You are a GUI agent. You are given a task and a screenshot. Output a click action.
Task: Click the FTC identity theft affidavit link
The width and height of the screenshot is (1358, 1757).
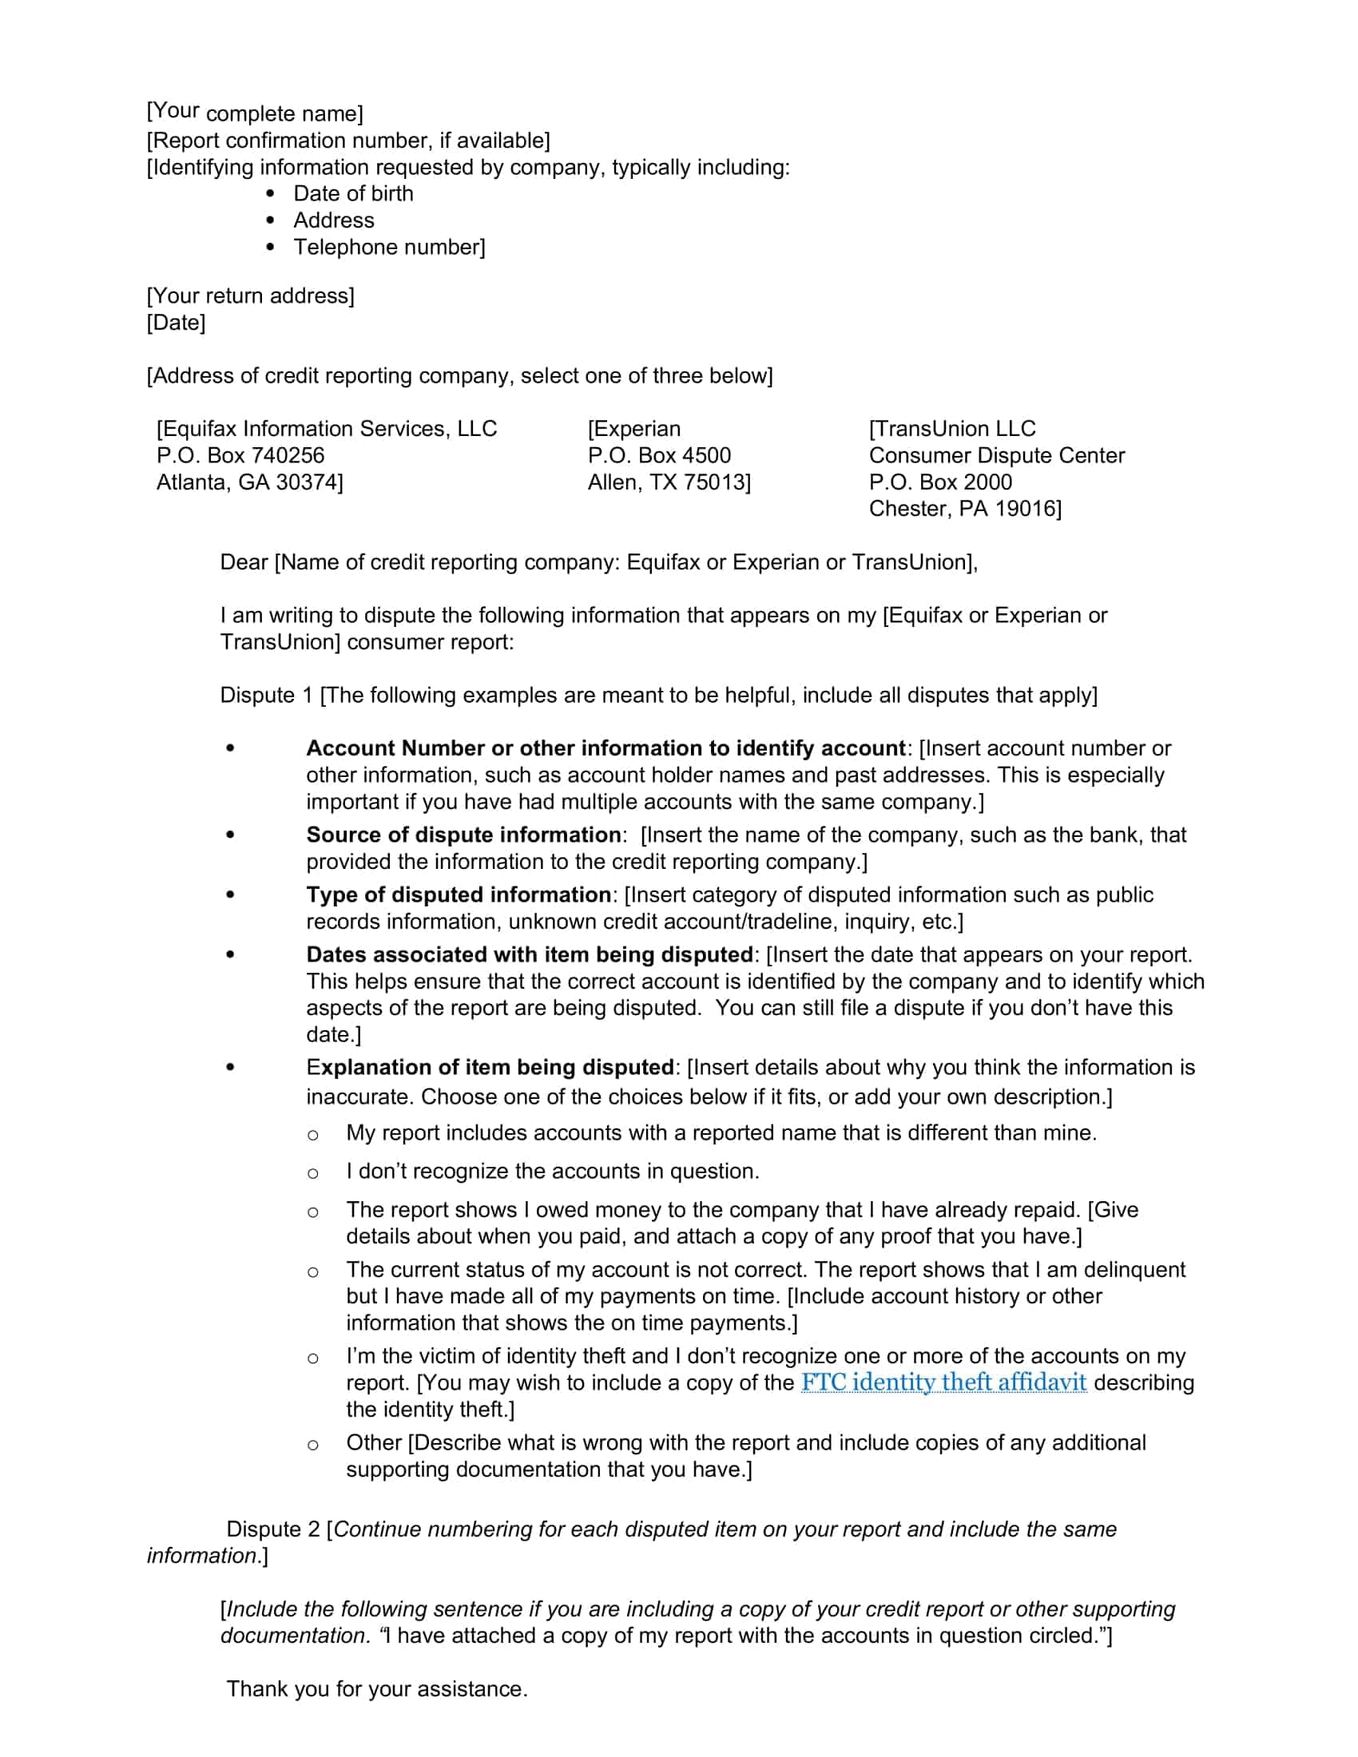943,1382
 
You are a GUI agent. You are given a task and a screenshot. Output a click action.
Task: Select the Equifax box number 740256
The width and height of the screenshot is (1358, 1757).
288,455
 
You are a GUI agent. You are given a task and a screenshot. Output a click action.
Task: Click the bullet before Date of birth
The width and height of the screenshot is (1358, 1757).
270,194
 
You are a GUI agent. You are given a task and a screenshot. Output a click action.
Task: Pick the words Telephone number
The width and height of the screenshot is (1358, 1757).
387,247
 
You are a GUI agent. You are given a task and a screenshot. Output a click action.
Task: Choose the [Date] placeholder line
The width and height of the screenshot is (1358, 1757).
177,323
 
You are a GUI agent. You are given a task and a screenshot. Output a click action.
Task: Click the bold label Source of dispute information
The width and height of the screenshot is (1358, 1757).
463,835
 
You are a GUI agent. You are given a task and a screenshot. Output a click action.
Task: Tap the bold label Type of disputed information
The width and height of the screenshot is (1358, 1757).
459,894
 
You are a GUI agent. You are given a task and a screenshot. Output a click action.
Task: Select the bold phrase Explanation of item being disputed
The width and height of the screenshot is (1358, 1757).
490,1068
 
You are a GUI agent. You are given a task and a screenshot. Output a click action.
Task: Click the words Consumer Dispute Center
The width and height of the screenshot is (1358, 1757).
996,455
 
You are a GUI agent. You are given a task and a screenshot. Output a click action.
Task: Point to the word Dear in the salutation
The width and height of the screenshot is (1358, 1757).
244,562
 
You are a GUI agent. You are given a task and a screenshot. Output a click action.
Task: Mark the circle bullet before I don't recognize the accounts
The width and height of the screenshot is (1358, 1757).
313,1174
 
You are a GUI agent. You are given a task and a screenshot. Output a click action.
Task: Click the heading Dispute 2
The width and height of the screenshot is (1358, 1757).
272,1529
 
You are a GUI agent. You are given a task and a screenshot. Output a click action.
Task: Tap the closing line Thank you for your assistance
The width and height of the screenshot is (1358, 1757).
376,1688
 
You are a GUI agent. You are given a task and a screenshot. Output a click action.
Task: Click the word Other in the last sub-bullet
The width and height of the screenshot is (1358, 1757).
374,1442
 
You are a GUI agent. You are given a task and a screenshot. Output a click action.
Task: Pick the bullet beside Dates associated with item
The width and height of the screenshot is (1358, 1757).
231,955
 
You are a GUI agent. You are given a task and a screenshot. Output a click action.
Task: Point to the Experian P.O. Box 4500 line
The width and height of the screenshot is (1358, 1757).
659,455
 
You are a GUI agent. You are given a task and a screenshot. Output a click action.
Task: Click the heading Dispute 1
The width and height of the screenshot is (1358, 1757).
265,695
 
